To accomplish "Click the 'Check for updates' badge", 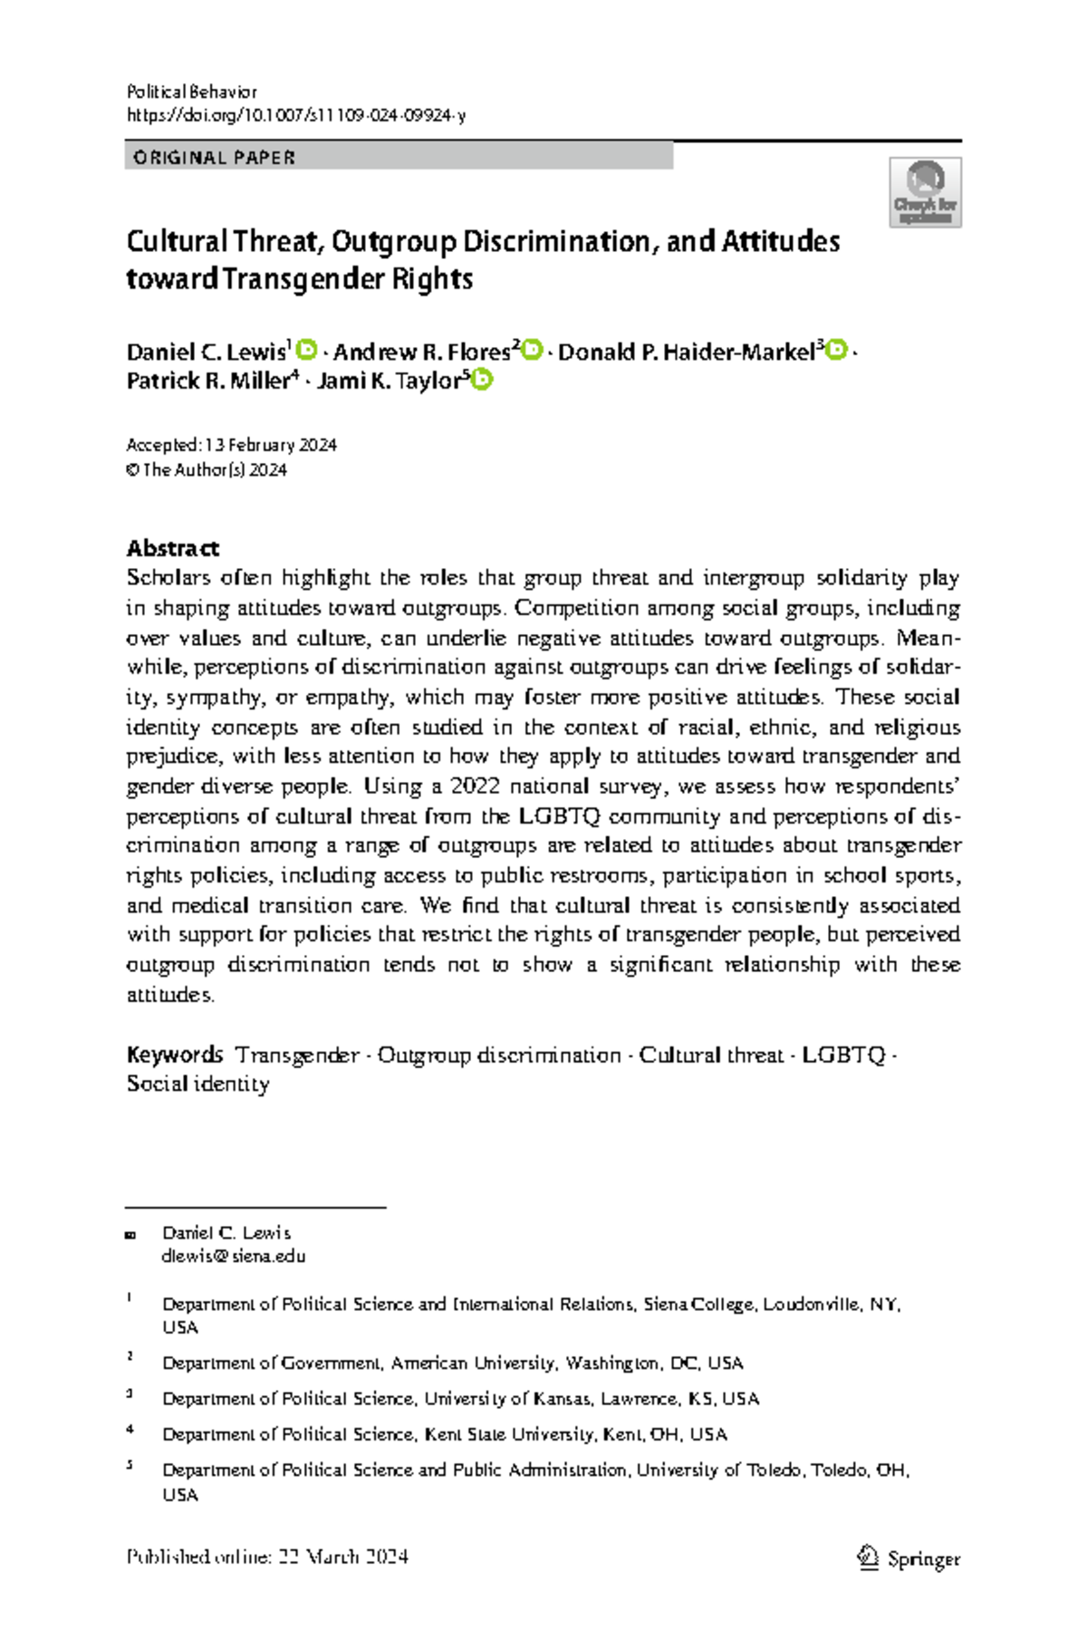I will [924, 192].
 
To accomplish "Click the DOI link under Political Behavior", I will [295, 115].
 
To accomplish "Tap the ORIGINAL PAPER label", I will [215, 158].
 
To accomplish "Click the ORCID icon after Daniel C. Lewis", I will [307, 350].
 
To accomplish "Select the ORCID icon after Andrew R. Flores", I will [533, 350].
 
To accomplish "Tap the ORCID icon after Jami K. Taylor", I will [482, 380].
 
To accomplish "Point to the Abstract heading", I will [172, 548].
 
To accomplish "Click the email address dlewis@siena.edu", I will [234, 1256].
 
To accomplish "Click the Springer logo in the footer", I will [909, 1557].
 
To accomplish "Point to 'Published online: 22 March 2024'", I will [267, 1557].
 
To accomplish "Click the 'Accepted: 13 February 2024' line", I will [232, 445].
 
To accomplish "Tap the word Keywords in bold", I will [175, 1055].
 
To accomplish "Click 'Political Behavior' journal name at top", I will [192, 92].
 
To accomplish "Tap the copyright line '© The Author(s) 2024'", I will [207, 469].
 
